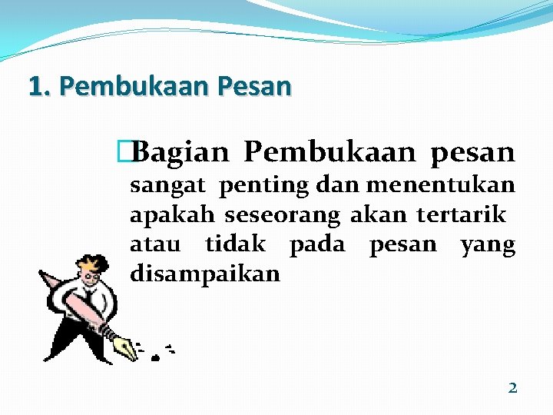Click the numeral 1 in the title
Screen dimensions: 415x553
click(35, 85)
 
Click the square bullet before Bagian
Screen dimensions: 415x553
click(135, 153)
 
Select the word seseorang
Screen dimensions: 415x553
click(283, 215)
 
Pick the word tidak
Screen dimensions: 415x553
click(235, 244)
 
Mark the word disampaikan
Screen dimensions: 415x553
click(204, 274)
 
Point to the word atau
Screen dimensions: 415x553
click(155, 244)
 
